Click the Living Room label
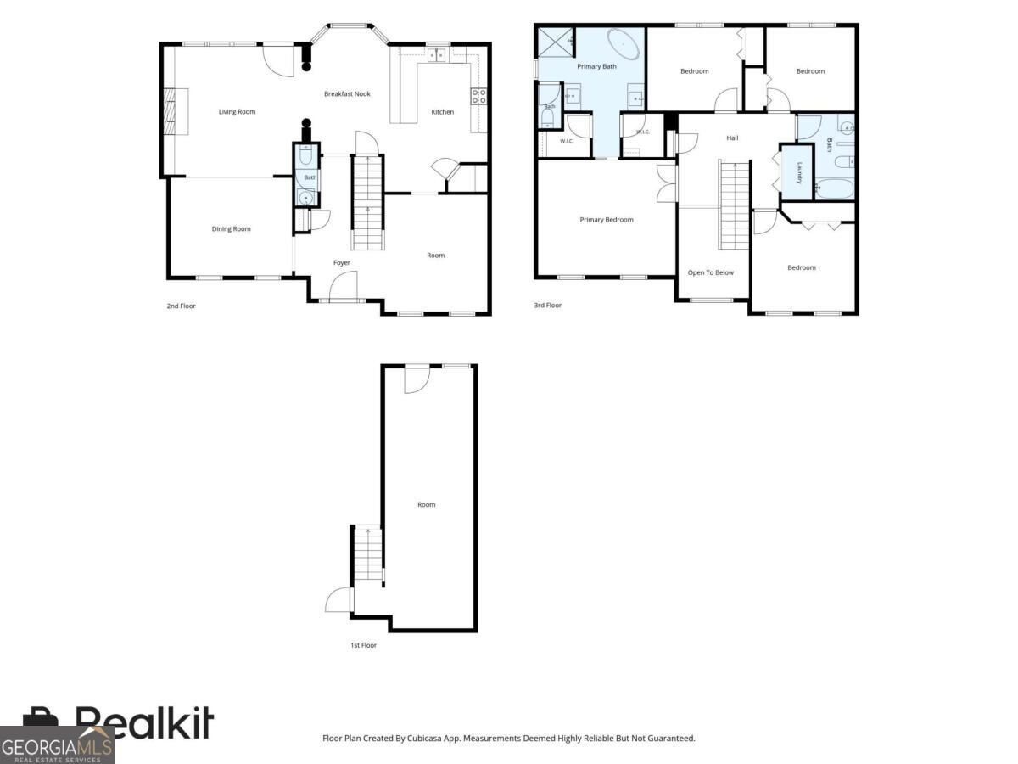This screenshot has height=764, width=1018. [237, 112]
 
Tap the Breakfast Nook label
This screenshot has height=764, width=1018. [347, 93]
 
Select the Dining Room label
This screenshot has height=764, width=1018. [231, 228]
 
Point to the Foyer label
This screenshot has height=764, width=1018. [341, 262]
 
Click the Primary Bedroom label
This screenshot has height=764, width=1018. [607, 220]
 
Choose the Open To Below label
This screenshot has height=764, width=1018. [710, 272]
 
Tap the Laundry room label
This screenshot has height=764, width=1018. [799, 172]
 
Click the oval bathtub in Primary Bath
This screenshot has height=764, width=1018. [624, 44]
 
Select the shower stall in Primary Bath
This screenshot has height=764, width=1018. [556, 42]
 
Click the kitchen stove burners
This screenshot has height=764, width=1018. [478, 97]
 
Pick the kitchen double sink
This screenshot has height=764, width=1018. [436, 55]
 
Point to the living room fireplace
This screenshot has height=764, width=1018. [176, 111]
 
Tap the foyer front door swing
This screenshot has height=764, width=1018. [344, 286]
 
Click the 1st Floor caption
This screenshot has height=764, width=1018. [363, 645]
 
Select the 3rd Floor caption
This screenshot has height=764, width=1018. [548, 306]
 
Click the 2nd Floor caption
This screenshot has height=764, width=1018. [181, 306]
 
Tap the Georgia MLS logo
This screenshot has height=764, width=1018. [57, 745]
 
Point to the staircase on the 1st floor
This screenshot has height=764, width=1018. [368, 553]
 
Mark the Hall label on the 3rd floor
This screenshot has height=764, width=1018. [732, 138]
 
